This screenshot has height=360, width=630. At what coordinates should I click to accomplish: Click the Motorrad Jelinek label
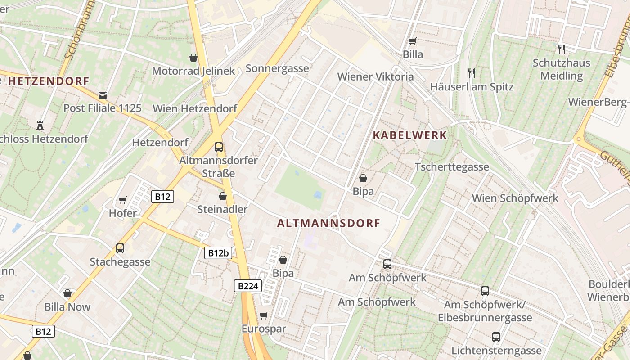(193, 71)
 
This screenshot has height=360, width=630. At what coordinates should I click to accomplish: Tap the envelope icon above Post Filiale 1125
(103, 95)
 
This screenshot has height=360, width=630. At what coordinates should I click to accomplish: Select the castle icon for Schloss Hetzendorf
(40, 126)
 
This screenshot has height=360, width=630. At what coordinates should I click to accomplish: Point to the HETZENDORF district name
(49, 81)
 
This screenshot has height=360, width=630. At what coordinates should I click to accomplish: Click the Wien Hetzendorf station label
(195, 108)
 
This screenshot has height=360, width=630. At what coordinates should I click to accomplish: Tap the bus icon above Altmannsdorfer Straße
(219, 147)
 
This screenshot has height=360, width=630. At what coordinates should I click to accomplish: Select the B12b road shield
(219, 253)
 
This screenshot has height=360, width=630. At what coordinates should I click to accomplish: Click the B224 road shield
(247, 286)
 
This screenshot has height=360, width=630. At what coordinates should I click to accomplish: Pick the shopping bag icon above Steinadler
(222, 196)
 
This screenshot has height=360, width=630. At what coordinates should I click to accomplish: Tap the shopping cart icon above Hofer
(123, 200)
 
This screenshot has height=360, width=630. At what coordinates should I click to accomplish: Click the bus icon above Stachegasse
(120, 248)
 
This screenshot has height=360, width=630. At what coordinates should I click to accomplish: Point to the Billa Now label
(67, 307)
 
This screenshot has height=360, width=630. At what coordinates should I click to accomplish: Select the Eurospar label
(264, 328)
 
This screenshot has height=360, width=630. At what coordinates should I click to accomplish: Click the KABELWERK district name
(410, 135)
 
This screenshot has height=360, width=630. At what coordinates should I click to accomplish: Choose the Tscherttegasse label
(452, 167)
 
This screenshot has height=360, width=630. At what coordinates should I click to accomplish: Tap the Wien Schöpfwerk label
(515, 198)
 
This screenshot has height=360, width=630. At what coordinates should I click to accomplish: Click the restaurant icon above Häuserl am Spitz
(471, 73)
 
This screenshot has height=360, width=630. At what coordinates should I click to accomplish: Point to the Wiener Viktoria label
(375, 76)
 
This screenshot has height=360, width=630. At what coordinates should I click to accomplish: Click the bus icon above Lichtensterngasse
(496, 337)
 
